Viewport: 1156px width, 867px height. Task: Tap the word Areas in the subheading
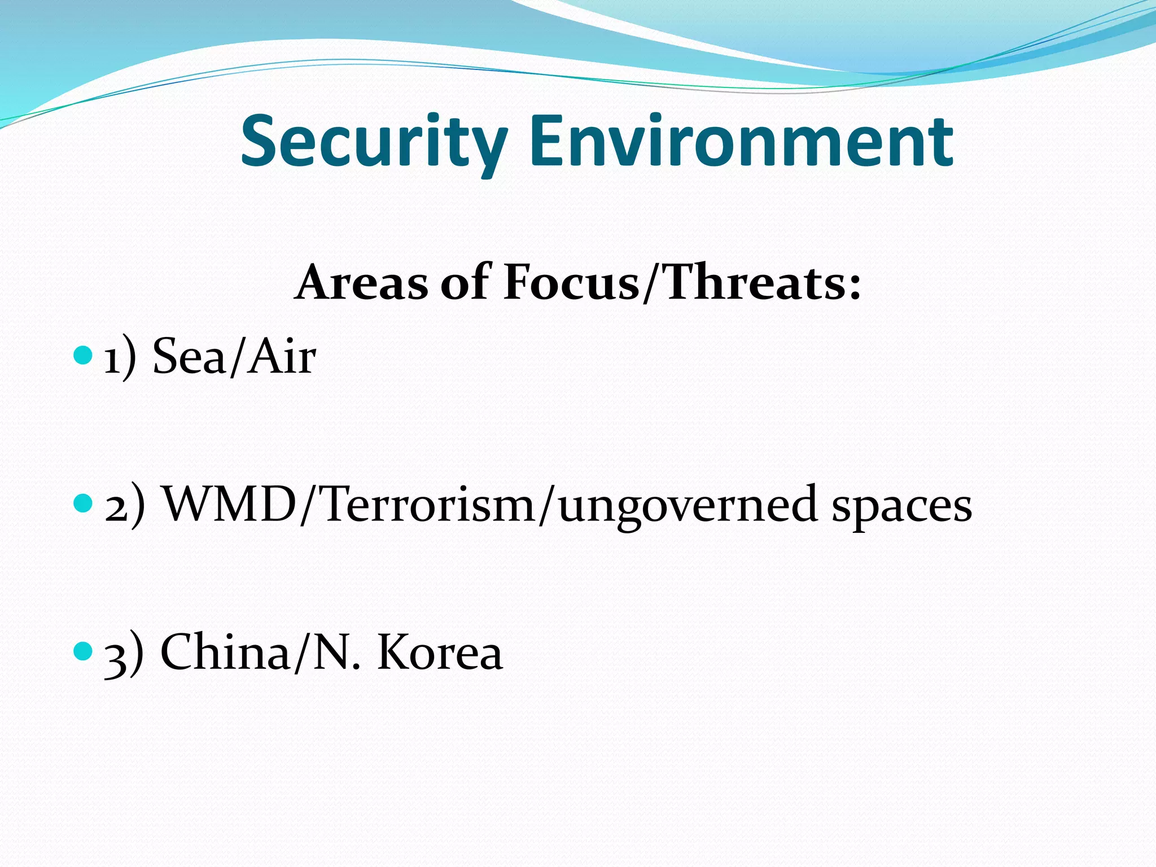click(x=362, y=282)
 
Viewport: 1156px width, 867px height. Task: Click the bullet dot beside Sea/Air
click(x=82, y=356)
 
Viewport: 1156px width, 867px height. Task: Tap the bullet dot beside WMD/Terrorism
click(x=82, y=503)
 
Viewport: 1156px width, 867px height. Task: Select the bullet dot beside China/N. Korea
click(x=82, y=651)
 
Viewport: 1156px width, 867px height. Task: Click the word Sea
click(x=189, y=357)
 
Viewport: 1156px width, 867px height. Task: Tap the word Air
click(x=282, y=357)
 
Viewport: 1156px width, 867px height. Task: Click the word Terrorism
click(x=428, y=504)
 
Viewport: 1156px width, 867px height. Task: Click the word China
click(x=225, y=652)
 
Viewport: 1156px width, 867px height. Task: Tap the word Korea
click(x=440, y=652)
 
